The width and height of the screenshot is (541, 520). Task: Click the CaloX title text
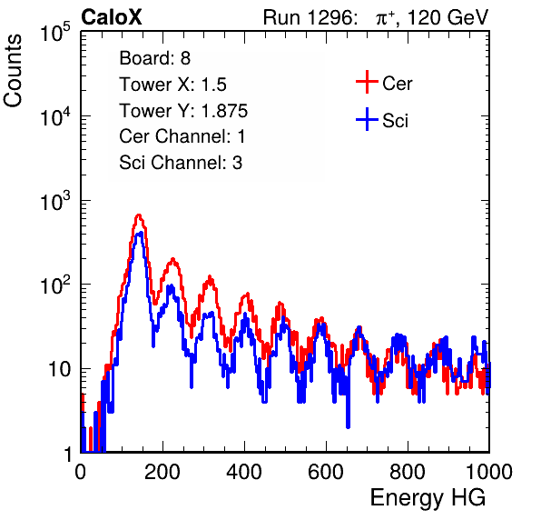(112, 17)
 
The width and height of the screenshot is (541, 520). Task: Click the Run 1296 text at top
(310, 17)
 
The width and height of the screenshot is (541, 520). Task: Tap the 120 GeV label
(448, 17)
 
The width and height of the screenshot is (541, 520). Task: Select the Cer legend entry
(384, 83)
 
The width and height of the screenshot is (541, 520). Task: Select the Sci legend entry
(382, 120)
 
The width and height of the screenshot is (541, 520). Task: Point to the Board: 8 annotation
(155, 58)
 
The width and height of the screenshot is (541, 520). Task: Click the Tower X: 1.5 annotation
(172, 85)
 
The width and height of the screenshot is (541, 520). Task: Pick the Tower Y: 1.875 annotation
(183, 111)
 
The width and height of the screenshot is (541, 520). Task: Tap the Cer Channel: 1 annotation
(182, 136)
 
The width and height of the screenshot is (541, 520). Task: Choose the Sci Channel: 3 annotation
(181, 163)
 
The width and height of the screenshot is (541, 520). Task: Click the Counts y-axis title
(13, 71)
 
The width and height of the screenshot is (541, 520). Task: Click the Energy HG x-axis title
(428, 497)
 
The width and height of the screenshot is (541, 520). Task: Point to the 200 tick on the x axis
(162, 471)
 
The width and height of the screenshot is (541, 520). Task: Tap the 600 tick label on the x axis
(326, 471)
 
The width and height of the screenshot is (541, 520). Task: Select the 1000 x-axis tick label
(488, 471)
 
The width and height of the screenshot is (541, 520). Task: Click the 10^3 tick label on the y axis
(55, 201)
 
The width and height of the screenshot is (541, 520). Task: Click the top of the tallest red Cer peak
(138, 215)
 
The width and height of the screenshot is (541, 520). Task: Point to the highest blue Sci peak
(140, 233)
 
